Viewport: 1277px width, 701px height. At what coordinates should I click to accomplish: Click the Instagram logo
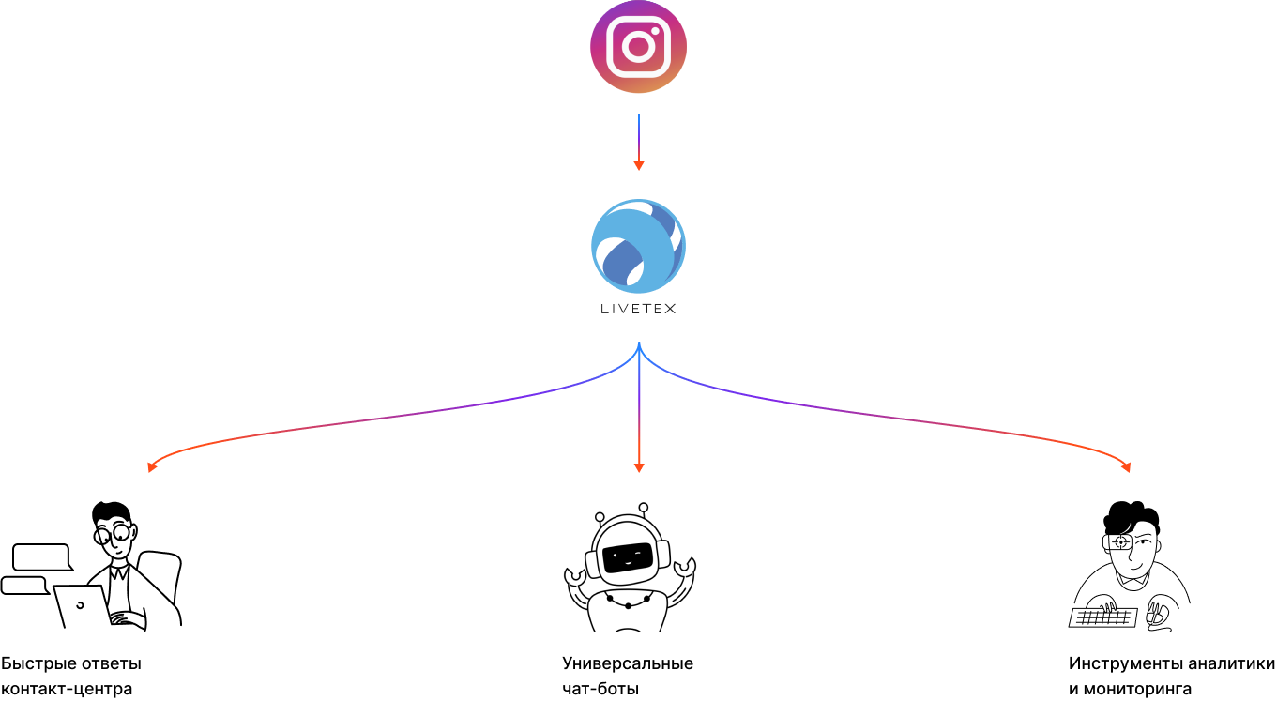(x=638, y=47)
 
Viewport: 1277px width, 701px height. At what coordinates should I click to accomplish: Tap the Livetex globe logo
(x=638, y=246)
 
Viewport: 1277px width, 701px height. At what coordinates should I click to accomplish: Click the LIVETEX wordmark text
(x=638, y=309)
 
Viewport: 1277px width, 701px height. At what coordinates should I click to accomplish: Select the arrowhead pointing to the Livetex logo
(x=639, y=166)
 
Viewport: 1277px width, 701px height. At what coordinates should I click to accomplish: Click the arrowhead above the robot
(x=639, y=467)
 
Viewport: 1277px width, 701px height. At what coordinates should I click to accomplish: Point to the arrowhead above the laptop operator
(x=152, y=467)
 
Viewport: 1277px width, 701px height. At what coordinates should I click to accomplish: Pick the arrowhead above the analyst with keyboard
(x=1126, y=467)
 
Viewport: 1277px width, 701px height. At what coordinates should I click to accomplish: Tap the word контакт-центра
(x=67, y=689)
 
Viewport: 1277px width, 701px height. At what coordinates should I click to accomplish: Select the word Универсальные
(x=628, y=663)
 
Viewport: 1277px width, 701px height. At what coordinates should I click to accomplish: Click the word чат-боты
(x=600, y=689)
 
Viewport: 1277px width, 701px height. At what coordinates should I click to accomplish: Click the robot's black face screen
(x=628, y=557)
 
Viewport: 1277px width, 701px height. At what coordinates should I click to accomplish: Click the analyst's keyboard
(x=1102, y=617)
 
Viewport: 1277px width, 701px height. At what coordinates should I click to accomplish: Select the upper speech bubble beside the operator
(x=43, y=557)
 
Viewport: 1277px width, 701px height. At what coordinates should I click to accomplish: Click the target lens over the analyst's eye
(x=1121, y=541)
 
